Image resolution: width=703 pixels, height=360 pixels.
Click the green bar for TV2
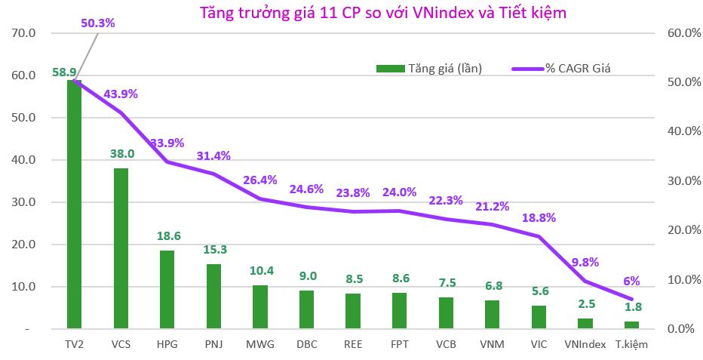click(74, 204)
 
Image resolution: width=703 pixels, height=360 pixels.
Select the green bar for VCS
click(121, 248)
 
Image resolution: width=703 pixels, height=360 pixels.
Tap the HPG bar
click(167, 290)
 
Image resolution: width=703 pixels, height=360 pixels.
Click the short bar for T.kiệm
click(632, 325)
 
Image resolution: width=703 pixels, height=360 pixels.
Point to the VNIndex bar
click(585, 324)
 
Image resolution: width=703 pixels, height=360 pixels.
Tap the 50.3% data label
click(97, 23)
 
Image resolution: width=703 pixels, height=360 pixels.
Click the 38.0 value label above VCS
click(121, 153)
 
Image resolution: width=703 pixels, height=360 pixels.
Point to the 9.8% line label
click(585, 262)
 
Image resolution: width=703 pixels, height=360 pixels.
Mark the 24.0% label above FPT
click(399, 192)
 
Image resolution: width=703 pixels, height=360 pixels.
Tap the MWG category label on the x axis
click(260, 344)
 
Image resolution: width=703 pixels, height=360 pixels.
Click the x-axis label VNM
click(492, 344)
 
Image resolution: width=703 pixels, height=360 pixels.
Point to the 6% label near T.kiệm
click(632, 281)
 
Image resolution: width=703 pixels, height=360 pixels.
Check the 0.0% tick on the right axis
click(682, 329)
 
